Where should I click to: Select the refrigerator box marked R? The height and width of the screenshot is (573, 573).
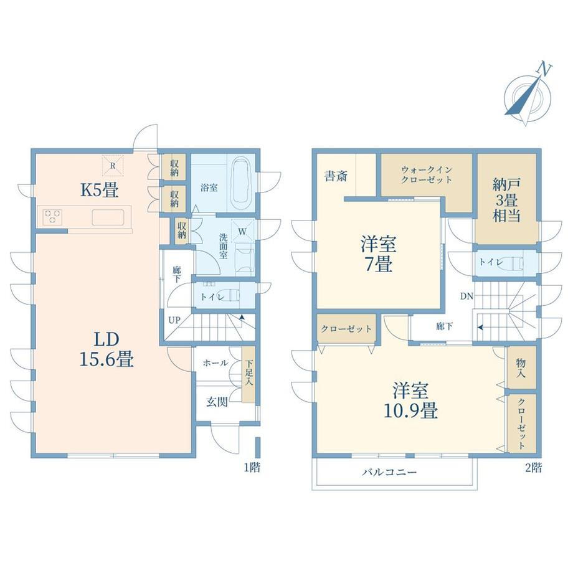pyautogui.click(x=113, y=166)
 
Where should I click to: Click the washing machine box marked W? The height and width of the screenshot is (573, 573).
pyautogui.click(x=242, y=231)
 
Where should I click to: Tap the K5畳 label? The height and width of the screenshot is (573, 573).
pyautogui.click(x=100, y=190)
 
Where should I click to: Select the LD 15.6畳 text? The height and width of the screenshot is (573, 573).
pyautogui.click(x=107, y=349)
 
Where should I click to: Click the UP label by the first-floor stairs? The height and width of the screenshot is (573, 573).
pyautogui.click(x=174, y=320)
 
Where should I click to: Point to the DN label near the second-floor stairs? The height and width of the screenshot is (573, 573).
pyautogui.click(x=466, y=296)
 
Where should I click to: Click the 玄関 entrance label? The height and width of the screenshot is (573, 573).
pyautogui.click(x=217, y=402)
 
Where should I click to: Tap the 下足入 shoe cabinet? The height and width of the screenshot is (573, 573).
pyautogui.click(x=249, y=374)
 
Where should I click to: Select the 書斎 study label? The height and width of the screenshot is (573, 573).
pyautogui.click(x=336, y=176)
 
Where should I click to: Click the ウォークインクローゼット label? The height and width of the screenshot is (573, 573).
pyautogui.click(x=427, y=175)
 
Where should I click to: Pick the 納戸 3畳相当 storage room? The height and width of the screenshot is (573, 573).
pyautogui.click(x=506, y=199)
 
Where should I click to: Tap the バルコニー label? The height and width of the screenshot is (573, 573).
pyautogui.click(x=389, y=472)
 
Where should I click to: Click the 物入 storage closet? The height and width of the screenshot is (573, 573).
pyautogui.click(x=521, y=367)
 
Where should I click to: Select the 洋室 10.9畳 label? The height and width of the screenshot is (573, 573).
pyautogui.click(x=410, y=400)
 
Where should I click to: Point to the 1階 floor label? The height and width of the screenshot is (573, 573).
pyautogui.click(x=252, y=467)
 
